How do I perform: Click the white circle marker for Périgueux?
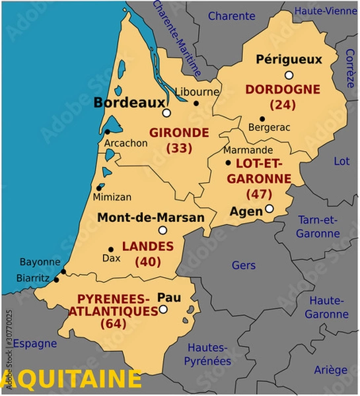[289, 75]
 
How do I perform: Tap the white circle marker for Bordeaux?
[167, 113]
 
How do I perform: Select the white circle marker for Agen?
[269, 209]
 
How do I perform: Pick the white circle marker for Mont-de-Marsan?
[162, 230]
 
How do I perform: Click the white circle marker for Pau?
[163, 308]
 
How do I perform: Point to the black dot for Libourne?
[196, 103]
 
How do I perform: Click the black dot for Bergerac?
[262, 119]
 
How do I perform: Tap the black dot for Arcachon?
[107, 132]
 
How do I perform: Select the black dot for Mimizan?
[99, 187]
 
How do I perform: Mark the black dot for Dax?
[110, 249]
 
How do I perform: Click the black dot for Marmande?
[229, 162]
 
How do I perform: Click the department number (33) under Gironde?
[179, 148]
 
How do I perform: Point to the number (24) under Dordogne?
[283, 104]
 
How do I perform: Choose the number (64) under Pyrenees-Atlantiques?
[113, 323]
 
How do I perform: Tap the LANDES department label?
[148, 246]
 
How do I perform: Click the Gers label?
[244, 265]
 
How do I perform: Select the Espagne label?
[35, 343]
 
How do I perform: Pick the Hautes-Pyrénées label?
[209, 354]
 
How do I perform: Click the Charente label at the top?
[231, 16]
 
